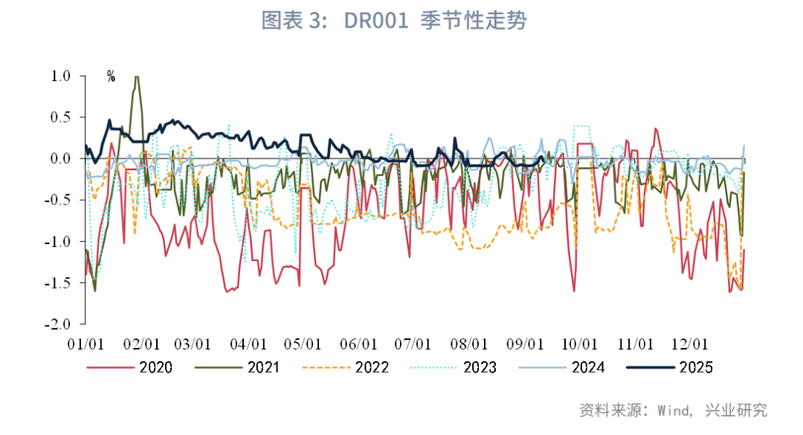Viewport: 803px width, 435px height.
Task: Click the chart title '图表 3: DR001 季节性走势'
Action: [x=393, y=21]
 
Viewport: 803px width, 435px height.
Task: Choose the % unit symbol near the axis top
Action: [x=111, y=77]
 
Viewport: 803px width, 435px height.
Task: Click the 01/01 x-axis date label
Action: [x=85, y=345]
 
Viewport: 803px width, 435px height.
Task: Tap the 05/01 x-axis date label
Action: [x=303, y=345]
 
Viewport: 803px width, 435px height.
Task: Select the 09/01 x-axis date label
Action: [x=524, y=345]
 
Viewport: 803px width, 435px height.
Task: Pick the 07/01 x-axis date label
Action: [x=413, y=345]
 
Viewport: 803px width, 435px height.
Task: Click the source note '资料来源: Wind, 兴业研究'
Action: [x=673, y=410]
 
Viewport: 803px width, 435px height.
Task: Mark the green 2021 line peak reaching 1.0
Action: [x=136, y=77]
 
